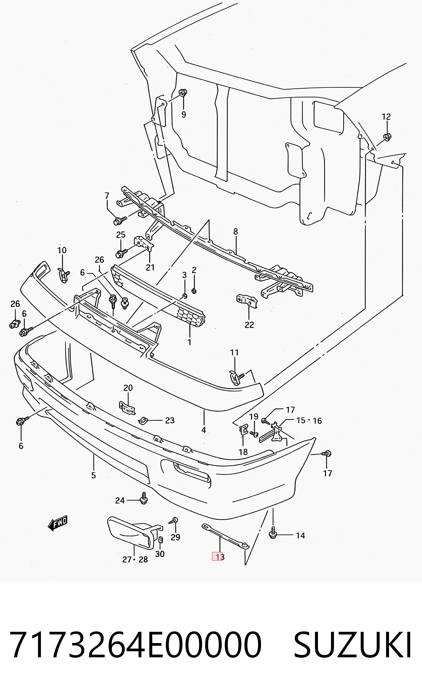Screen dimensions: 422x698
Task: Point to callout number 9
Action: pos(184,114)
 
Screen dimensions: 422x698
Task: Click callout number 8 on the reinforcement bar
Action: pos(236,231)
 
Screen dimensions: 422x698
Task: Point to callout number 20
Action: pos(128,388)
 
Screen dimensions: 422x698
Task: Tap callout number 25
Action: pos(121,235)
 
